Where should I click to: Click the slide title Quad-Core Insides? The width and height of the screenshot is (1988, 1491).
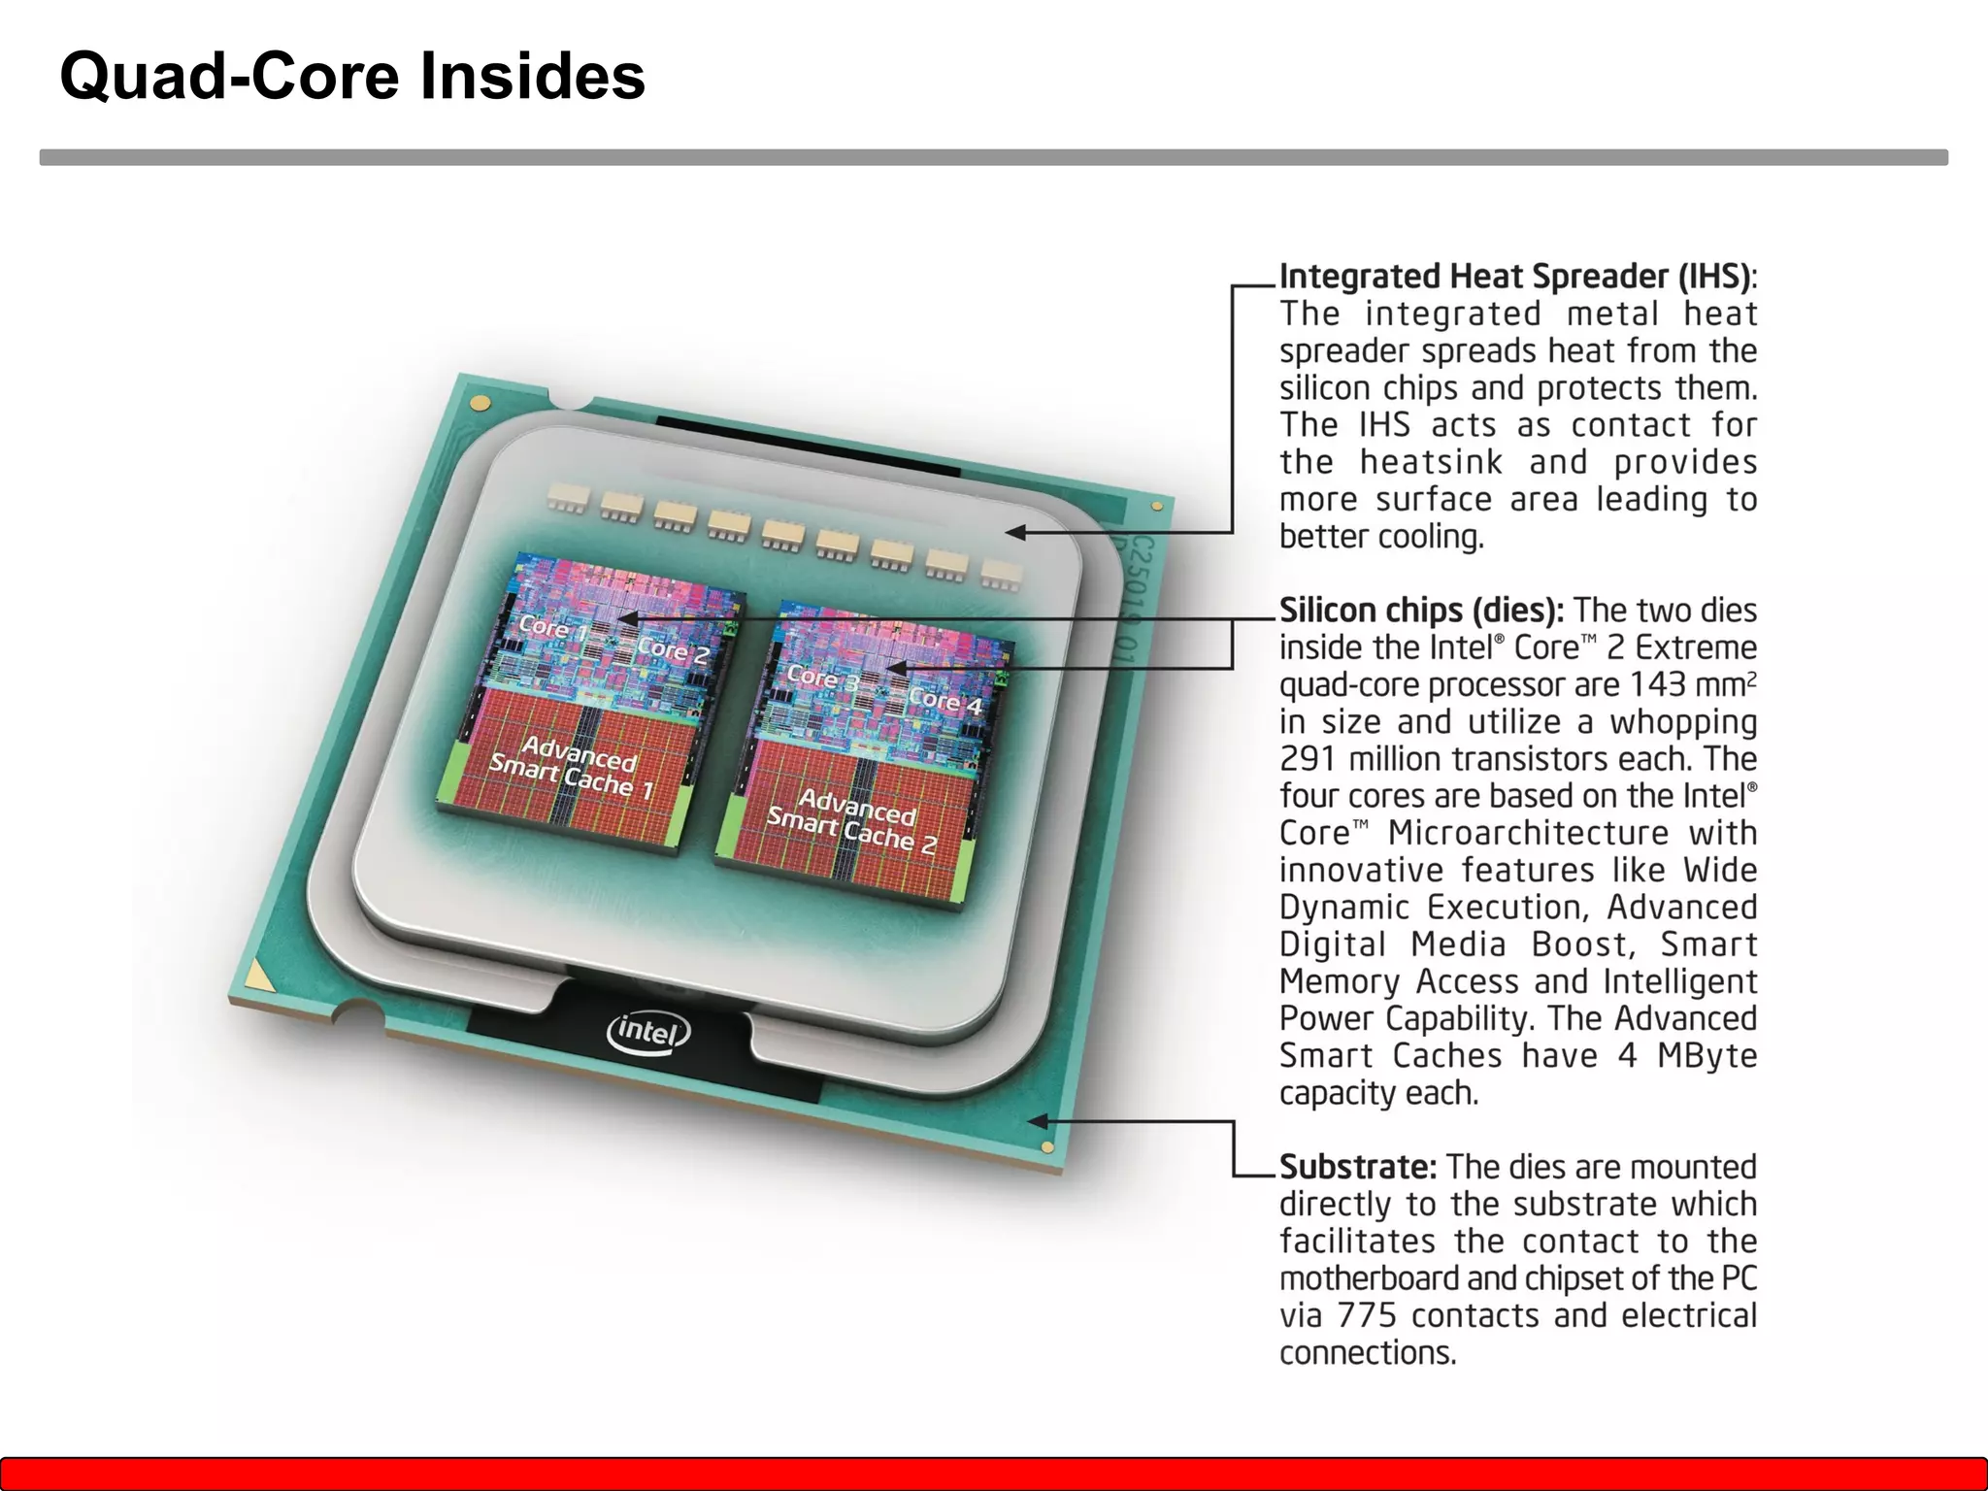352,76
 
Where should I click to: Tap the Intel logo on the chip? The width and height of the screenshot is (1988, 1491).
647,1031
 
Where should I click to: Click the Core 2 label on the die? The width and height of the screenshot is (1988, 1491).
673,650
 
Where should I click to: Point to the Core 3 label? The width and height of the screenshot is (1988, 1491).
821,677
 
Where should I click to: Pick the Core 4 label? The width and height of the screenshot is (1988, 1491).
944,700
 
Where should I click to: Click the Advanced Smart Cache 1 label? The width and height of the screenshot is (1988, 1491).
573,768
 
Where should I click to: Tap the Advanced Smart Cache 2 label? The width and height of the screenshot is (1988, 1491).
851,821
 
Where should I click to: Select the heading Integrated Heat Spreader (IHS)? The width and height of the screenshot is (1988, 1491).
1515,277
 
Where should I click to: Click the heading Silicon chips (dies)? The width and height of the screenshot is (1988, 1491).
1421,611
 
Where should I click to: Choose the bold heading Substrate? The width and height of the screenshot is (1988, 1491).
1357,1167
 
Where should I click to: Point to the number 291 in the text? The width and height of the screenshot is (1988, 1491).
1308,759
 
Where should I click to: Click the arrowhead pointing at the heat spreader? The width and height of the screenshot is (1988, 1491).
1015,532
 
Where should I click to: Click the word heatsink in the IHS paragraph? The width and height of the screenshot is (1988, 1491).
1431,463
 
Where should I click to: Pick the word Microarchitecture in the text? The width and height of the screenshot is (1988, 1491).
1528,834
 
